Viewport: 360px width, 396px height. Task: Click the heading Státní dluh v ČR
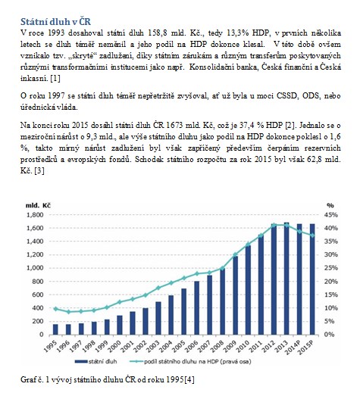click(x=55, y=22)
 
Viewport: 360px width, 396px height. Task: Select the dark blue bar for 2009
click(x=236, y=295)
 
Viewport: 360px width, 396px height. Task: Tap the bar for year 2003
click(x=158, y=318)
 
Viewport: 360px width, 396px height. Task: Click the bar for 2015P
click(x=312, y=279)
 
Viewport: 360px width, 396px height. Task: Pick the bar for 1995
click(x=55, y=329)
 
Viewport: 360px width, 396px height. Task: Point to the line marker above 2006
click(x=197, y=274)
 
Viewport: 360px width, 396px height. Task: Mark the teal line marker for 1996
click(x=68, y=312)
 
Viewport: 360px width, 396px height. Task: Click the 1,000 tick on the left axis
click(x=35, y=268)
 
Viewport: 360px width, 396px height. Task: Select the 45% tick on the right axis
click(x=331, y=215)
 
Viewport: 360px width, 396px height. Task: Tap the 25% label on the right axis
click(x=331, y=268)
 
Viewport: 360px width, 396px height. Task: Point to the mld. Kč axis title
click(x=38, y=205)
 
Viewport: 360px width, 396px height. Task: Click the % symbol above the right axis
click(x=330, y=205)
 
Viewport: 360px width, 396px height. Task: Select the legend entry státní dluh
click(x=96, y=361)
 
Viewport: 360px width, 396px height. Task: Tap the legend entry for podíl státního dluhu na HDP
click(x=190, y=362)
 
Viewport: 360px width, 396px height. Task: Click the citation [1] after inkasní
click(x=55, y=79)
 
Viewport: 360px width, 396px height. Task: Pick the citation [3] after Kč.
click(x=39, y=171)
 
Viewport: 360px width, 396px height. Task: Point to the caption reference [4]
click(x=189, y=379)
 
